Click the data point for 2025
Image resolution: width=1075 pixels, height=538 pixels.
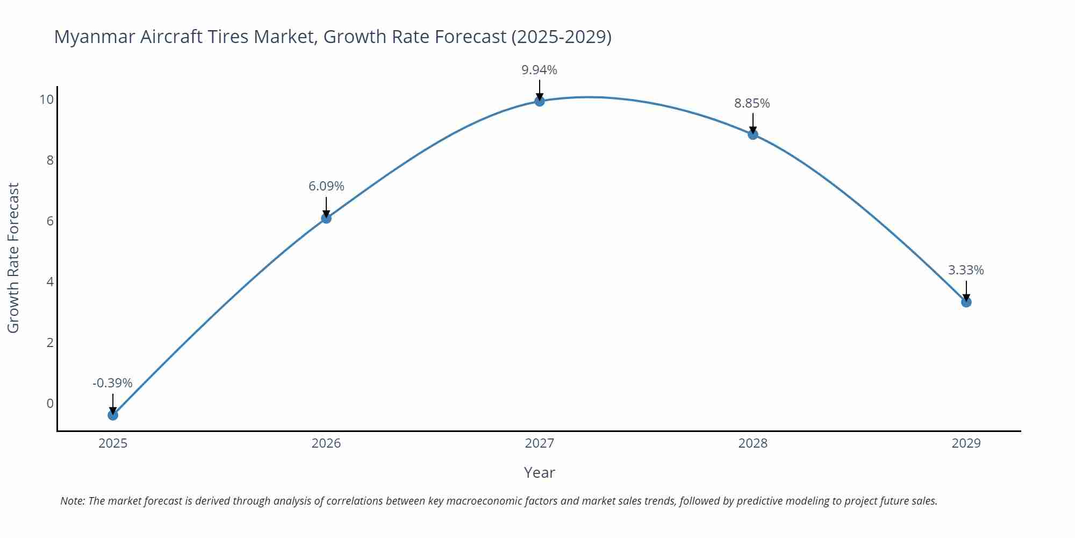113,415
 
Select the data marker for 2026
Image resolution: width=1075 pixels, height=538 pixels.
326,218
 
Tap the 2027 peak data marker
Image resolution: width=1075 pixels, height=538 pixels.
540,101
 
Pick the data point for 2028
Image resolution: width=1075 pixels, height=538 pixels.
753,134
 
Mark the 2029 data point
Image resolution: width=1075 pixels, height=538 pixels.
966,302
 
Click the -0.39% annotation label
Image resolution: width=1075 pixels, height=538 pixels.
112,383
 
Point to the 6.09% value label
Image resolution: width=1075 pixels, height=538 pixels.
326,186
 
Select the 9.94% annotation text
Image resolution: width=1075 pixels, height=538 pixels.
539,70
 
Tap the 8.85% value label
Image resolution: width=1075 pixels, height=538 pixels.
752,103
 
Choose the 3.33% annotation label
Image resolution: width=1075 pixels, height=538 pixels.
966,270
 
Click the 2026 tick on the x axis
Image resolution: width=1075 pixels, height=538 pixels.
326,443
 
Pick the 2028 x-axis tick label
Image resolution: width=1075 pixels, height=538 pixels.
752,443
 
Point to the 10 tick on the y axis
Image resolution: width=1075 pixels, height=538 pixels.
46,100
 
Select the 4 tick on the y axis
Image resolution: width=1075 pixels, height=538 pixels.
50,282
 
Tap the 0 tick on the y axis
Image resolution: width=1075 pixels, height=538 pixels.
50,403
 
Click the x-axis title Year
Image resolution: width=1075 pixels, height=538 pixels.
539,472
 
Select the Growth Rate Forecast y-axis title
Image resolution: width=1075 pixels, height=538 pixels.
13,258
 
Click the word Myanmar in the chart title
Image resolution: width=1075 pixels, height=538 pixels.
95,37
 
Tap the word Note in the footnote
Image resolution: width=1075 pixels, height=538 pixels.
72,501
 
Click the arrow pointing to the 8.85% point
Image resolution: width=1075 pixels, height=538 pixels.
753,123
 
